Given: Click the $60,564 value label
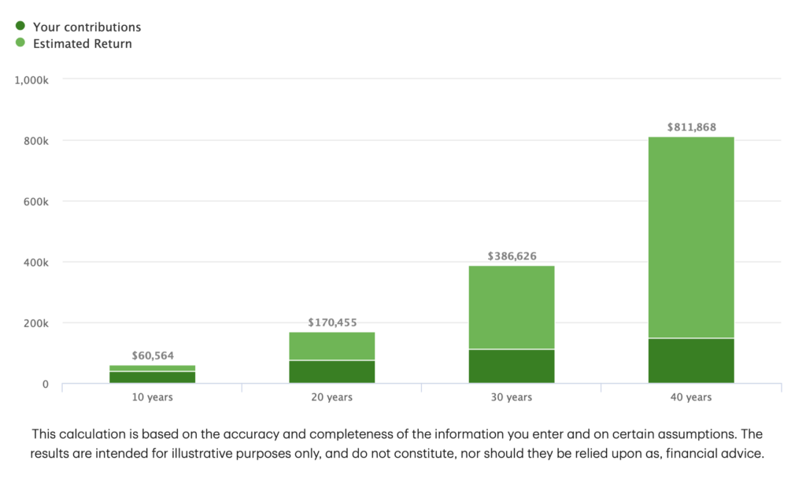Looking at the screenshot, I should [x=153, y=356].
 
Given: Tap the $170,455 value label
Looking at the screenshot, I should [x=332, y=322].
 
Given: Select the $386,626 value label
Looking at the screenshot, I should [x=512, y=256].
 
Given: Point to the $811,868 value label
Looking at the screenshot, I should [x=691, y=127].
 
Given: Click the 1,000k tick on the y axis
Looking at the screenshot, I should [x=32, y=80].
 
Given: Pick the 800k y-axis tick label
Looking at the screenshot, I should [x=36, y=141].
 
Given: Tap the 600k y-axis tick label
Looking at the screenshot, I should [x=36, y=201].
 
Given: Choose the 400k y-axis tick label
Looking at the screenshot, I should [x=36, y=262].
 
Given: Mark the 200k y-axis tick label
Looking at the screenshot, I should [x=36, y=323].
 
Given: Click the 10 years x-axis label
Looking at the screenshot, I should [x=153, y=397].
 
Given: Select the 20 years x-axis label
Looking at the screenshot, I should [x=332, y=397].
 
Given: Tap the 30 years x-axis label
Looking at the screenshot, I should [x=512, y=397].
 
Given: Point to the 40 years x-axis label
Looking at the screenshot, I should [x=691, y=397].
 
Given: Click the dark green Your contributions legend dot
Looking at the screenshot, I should [x=20, y=26].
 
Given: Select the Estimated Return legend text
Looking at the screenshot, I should [x=83, y=44].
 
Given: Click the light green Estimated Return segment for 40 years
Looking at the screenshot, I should [x=691, y=236].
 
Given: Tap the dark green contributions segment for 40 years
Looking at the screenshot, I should [x=691, y=361].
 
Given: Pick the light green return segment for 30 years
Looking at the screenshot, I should [x=512, y=307].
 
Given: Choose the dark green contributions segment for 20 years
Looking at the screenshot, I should [x=332, y=371].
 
